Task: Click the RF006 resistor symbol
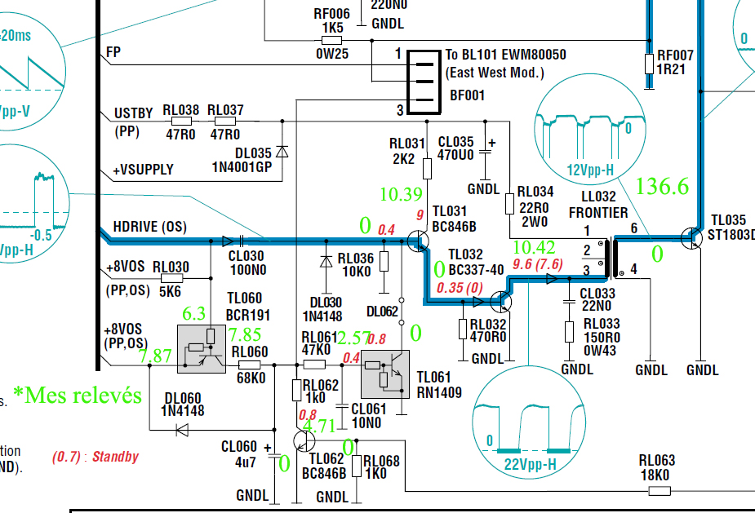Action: tap(331, 40)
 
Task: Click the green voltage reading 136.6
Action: tap(662, 188)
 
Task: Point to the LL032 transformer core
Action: tap(614, 257)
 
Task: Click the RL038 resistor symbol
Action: tap(180, 122)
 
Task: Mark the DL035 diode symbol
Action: tap(282, 152)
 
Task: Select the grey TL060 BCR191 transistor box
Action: tap(202, 348)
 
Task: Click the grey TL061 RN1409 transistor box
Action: tap(384, 373)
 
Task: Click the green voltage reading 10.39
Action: tap(401, 194)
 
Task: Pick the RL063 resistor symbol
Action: tap(659, 490)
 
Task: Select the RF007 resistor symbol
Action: tap(649, 63)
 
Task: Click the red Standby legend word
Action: tap(115, 457)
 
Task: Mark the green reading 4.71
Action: tap(319, 426)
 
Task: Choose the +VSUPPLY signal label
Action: tap(143, 170)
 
